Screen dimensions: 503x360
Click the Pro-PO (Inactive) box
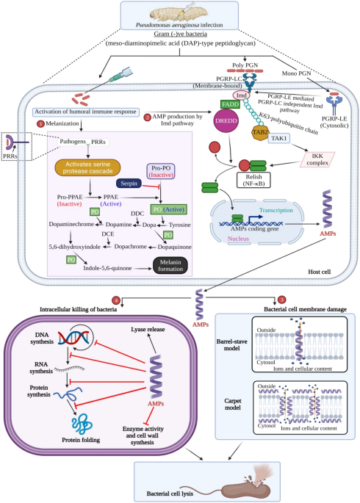165,171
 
